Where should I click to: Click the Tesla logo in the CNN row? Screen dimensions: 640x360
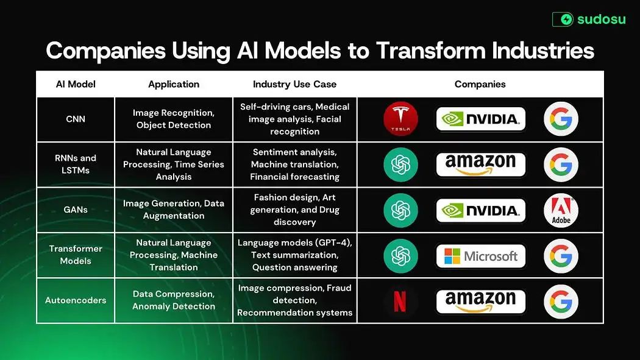coord(400,119)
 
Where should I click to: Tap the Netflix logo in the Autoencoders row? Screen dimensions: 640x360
coord(400,301)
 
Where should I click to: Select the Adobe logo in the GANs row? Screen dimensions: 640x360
coord(561,210)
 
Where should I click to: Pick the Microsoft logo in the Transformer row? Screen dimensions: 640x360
coord(481,256)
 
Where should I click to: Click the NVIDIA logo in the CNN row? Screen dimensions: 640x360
coord(481,119)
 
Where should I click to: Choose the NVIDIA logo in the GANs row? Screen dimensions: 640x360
coord(481,210)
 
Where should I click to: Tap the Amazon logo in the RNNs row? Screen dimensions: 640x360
coord(481,164)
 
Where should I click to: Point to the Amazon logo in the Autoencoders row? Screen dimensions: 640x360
coord(481,301)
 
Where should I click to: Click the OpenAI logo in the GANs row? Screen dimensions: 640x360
coord(400,210)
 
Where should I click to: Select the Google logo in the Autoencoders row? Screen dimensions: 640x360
coord(561,301)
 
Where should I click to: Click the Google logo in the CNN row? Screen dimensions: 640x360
coord(561,119)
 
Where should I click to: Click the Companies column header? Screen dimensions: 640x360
coord(480,84)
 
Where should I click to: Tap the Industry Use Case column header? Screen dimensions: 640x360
coord(294,84)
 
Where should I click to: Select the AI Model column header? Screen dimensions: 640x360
coord(76,84)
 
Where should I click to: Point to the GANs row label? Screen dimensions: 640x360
coord(76,210)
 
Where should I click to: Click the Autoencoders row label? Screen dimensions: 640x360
coord(76,300)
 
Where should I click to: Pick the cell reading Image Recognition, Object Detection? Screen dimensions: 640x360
coord(174,119)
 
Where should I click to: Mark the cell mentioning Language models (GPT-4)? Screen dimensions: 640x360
coord(294,255)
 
